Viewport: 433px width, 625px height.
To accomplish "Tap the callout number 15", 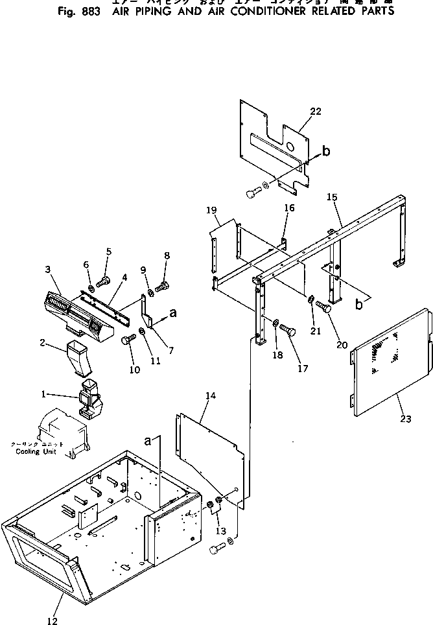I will click(x=332, y=196).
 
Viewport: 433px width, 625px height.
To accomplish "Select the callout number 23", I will click(x=405, y=419).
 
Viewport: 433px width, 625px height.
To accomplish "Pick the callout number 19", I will click(x=211, y=210).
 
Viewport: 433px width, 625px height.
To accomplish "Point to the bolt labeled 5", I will click(x=102, y=281).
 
